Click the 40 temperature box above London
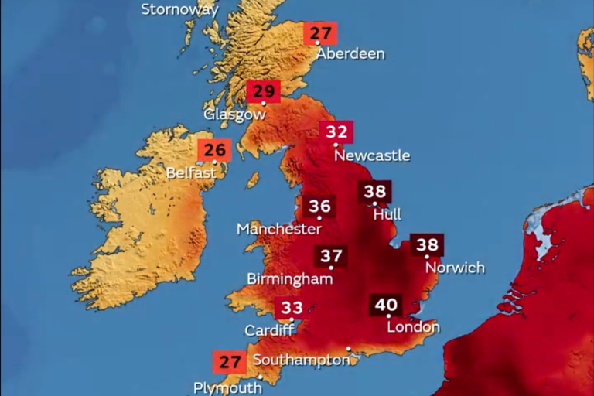tap(386, 305)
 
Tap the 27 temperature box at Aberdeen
tap(320, 33)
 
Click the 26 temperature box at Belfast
tap(214, 150)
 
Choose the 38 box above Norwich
tap(427, 245)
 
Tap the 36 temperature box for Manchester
tap(319, 207)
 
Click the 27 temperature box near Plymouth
tap(230, 362)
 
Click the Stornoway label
tap(179, 10)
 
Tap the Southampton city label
tap(301, 360)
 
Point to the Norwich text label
tap(455, 268)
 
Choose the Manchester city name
tap(278, 229)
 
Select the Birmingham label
tap(289, 278)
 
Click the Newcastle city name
tap(372, 155)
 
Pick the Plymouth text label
tap(227, 387)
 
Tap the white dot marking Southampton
tap(349, 350)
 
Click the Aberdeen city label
tap(350, 54)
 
